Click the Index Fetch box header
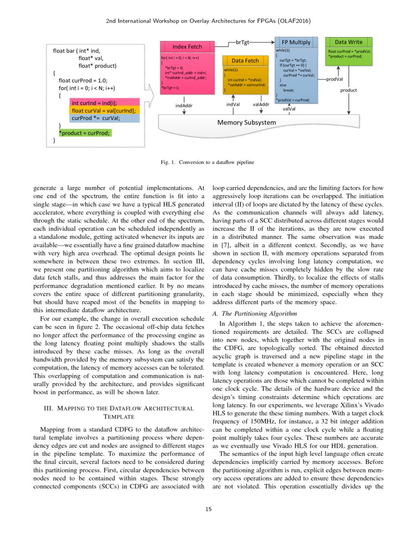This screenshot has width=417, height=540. [x=186, y=47]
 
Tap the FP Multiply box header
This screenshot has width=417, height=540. [x=296, y=42]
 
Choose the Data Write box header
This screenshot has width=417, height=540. [x=348, y=42]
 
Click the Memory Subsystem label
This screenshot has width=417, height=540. [x=243, y=122]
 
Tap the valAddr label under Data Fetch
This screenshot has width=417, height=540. [x=261, y=104]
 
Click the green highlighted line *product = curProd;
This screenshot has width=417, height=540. [x=85, y=133]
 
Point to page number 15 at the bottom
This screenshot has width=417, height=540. [x=208, y=509]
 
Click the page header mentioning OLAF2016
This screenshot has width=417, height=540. [x=208, y=21]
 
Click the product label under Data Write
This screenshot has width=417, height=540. [x=348, y=90]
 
